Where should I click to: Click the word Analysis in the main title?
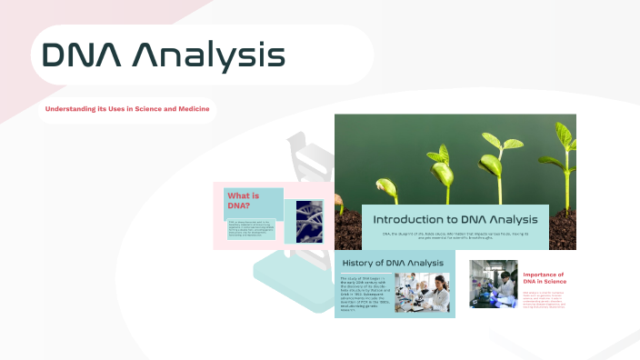(208, 55)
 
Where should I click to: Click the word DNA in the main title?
(83, 55)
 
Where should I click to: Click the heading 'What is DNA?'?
(244, 201)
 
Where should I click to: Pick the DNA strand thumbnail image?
(304, 221)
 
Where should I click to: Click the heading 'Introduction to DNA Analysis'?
(455, 219)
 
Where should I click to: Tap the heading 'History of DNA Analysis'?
(392, 263)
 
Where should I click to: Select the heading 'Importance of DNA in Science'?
(544, 279)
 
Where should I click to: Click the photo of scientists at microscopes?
(421, 293)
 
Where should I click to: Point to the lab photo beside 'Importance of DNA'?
(493, 284)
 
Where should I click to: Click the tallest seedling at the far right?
(565, 164)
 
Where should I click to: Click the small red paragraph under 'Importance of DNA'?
(544, 299)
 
